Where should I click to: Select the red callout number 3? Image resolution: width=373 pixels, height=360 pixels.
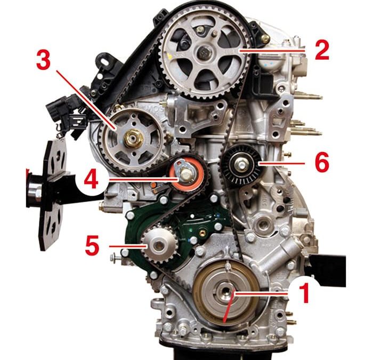pos(44,60)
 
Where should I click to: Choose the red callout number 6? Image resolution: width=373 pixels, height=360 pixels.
pos(322,162)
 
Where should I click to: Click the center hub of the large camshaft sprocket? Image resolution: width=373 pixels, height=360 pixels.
pos(205,53)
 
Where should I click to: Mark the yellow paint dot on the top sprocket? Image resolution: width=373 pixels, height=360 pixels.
pos(169,56)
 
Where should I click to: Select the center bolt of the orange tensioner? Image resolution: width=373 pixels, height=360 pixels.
pos(185,174)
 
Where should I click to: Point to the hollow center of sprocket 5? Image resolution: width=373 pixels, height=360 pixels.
pos(159,245)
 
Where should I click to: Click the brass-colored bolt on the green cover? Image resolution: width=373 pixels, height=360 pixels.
pos(202,233)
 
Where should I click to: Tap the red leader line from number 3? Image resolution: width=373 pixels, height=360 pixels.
pos(86,100)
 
